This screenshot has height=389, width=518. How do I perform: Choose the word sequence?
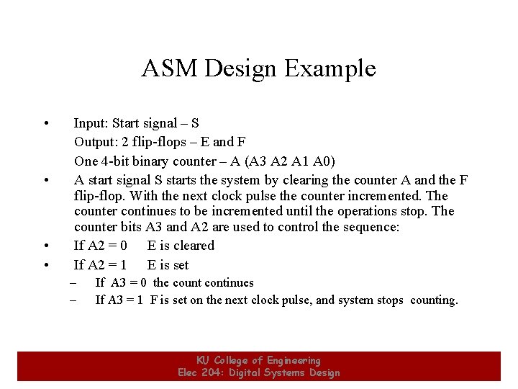(372, 228)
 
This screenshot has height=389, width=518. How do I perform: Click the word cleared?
(191, 246)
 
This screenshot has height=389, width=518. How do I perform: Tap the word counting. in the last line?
(434, 300)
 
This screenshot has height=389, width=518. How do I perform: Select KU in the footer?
(204, 360)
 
